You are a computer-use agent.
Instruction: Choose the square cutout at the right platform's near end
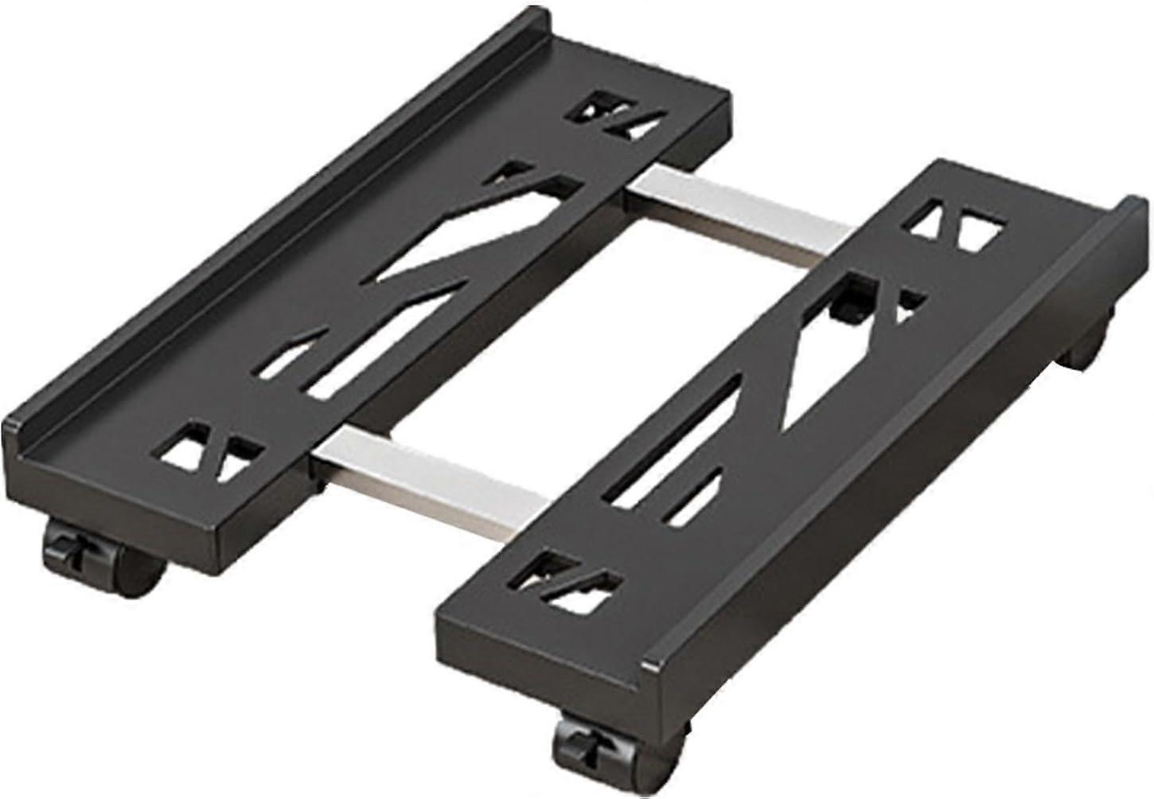pos(570,581)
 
